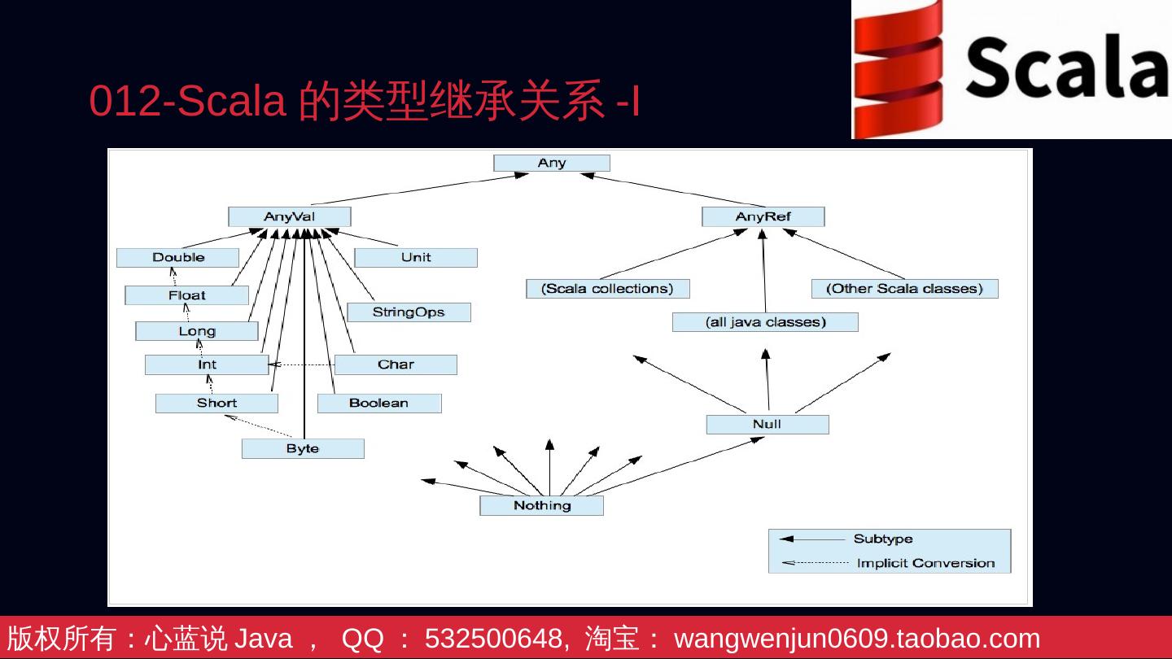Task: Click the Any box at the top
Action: click(x=551, y=164)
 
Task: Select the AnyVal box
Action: click(x=289, y=216)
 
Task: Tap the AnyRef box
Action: click(x=763, y=216)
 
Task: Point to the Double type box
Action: click(x=177, y=258)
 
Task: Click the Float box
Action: click(x=186, y=295)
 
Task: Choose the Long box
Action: click(x=196, y=331)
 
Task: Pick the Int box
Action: click(x=207, y=364)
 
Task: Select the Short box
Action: click(x=216, y=403)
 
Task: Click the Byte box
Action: click(x=303, y=448)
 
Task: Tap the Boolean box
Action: click(x=378, y=403)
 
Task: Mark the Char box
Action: click(x=396, y=364)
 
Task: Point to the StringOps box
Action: click(x=409, y=312)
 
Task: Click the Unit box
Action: click(x=416, y=258)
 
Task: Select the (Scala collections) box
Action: click(x=608, y=289)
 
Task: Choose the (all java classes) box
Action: click(x=765, y=322)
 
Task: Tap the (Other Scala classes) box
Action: click(x=904, y=289)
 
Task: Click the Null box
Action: click(x=767, y=424)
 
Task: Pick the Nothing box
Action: click(x=542, y=505)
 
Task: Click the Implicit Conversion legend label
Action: click(x=925, y=563)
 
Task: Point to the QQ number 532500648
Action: click(x=496, y=639)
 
